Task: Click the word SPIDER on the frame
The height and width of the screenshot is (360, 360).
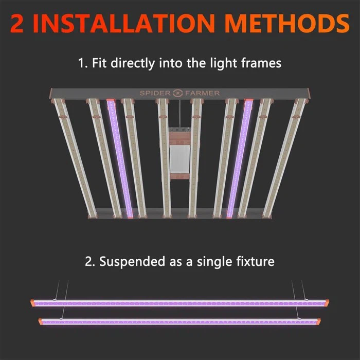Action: pos(156,93)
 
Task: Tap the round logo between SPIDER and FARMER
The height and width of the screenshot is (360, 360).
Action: pos(178,93)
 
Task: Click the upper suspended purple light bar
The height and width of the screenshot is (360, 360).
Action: pos(180,303)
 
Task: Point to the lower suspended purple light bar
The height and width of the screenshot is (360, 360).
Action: pos(180,321)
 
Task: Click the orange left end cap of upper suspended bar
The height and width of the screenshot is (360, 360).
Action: pos(33,302)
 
